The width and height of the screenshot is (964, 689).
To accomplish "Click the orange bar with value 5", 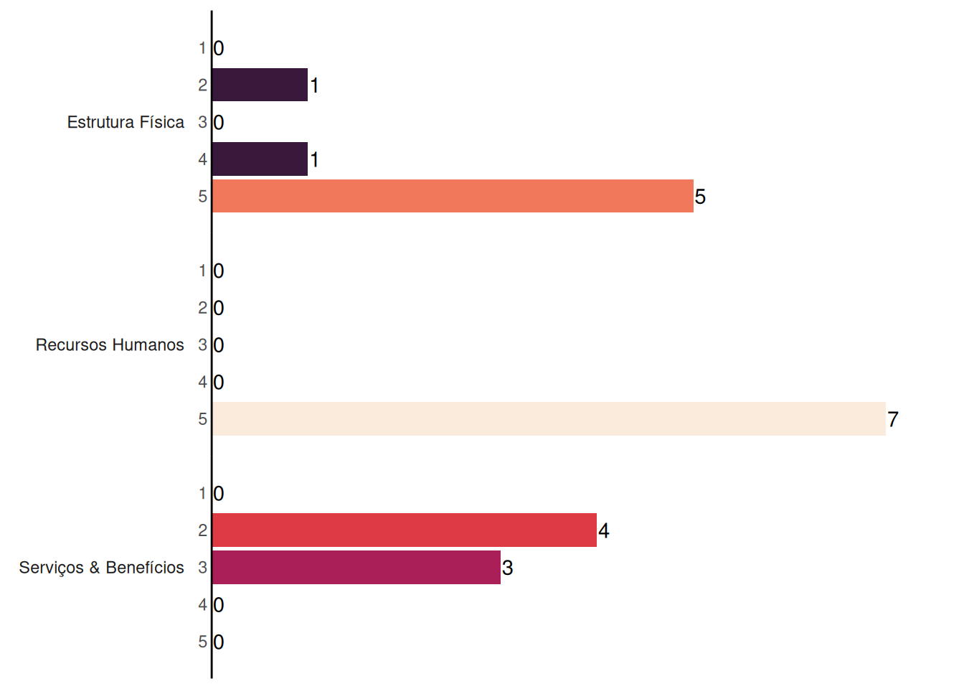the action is [x=453, y=197].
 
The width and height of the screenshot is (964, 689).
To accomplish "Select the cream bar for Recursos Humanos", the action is [x=549, y=419].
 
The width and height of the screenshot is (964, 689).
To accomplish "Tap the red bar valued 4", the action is [x=405, y=530].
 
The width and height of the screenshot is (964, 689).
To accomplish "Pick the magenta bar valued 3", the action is [x=356, y=568].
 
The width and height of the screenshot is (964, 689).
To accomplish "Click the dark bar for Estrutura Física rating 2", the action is [x=260, y=85].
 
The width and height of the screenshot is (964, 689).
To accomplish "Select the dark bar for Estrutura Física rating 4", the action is [x=260, y=159].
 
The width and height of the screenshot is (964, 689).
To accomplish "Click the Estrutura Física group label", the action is [x=126, y=122].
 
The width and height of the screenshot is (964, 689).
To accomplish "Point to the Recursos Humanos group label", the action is [x=110, y=345].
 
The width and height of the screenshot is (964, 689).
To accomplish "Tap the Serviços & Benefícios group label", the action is [x=102, y=568].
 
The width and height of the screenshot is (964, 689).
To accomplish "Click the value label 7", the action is [x=893, y=419].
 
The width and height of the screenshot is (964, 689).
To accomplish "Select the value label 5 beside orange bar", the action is [x=700, y=197].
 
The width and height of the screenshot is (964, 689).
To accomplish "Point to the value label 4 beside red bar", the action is [x=604, y=530].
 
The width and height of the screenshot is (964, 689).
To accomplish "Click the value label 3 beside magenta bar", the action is [x=507, y=568].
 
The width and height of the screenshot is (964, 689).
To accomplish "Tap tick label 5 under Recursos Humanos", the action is [x=203, y=419].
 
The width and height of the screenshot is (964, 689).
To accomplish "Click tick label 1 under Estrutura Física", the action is [x=203, y=48].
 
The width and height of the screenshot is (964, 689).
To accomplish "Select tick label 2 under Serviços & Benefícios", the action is [x=203, y=530].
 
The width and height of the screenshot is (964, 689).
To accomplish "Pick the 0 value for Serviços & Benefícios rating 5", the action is [x=219, y=642].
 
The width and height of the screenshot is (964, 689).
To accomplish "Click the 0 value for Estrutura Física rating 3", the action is [x=219, y=123].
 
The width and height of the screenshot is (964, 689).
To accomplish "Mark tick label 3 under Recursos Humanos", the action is [x=203, y=344].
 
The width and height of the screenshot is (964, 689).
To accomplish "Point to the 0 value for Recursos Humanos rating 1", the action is [x=219, y=271].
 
